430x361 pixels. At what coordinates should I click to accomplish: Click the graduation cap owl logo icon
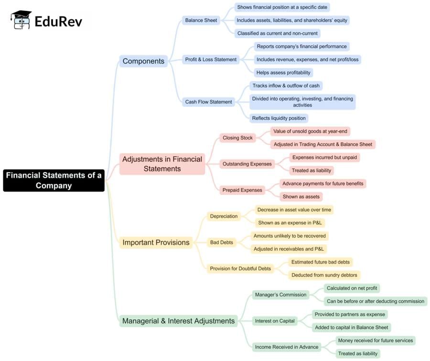click(20, 20)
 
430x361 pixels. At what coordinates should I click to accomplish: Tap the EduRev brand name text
click(58, 21)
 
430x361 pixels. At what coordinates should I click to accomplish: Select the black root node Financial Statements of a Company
click(54, 180)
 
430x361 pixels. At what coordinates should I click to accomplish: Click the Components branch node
click(143, 61)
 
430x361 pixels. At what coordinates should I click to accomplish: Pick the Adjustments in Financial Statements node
click(162, 164)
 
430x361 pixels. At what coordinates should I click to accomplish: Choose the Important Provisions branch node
click(156, 243)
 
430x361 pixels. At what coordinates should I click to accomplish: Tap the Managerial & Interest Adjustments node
click(178, 321)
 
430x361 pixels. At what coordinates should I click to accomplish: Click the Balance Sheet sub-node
click(201, 20)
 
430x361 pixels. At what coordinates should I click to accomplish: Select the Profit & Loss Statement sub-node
click(211, 60)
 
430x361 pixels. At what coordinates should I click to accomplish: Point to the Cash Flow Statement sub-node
click(208, 102)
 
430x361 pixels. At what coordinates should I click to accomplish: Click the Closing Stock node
click(237, 138)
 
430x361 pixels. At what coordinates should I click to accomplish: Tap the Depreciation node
click(224, 216)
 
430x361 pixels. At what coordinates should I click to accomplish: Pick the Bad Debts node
click(221, 243)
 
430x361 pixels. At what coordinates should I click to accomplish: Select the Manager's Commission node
click(280, 295)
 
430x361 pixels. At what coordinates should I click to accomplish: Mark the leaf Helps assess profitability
click(283, 73)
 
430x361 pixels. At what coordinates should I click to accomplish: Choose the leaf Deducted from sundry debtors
click(324, 275)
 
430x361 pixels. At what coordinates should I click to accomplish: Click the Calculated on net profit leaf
click(352, 288)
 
